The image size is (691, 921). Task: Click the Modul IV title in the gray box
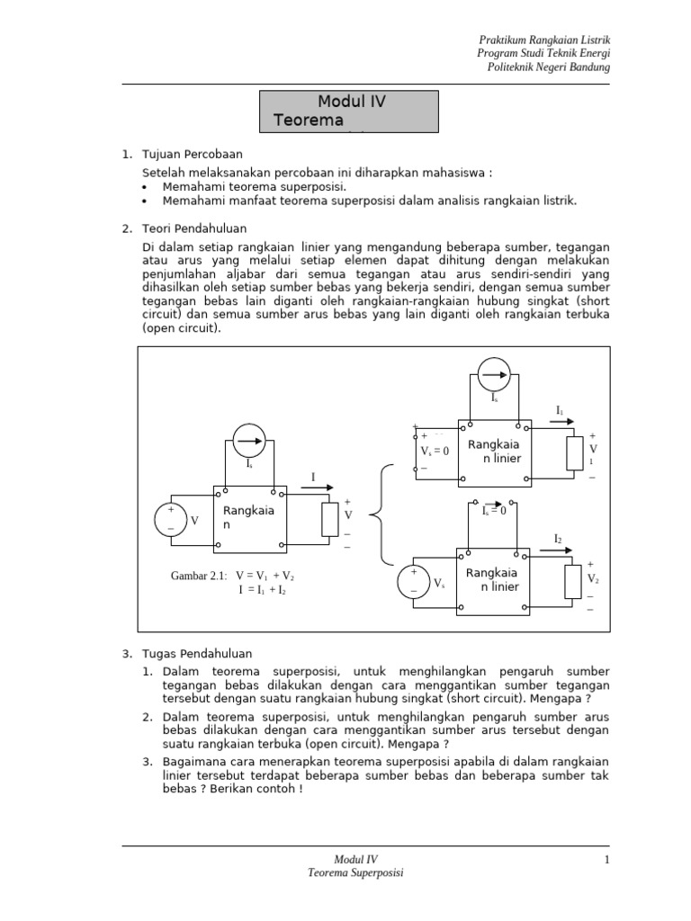pyautogui.click(x=351, y=103)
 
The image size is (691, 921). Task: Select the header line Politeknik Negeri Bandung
pyautogui.click(x=548, y=67)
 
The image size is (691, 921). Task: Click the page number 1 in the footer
pyautogui.click(x=607, y=860)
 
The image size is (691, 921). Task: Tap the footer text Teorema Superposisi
pyautogui.click(x=355, y=873)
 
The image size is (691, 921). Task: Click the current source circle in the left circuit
pyautogui.click(x=250, y=442)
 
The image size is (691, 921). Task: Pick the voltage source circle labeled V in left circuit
pyautogui.click(x=170, y=520)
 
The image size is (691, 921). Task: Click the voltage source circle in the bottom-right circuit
pyautogui.click(x=414, y=580)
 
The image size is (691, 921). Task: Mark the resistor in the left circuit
pyautogui.click(x=330, y=519)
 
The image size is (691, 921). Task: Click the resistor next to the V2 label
pyautogui.click(x=574, y=582)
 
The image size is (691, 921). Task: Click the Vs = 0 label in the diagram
pyautogui.click(x=435, y=452)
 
